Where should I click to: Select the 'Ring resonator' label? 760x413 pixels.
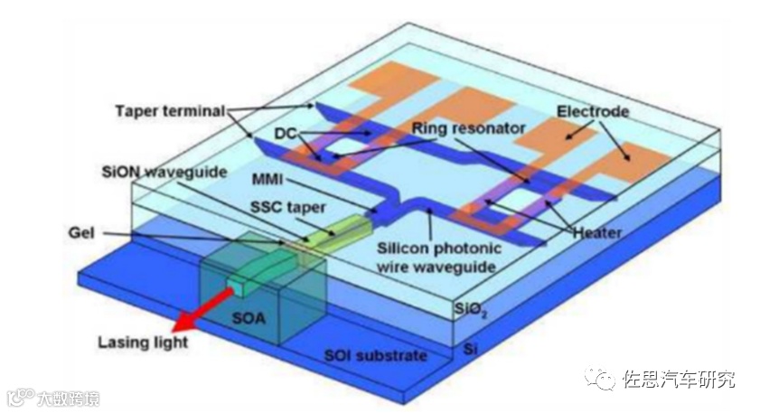pos(468,129)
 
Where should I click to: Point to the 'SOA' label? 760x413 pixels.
pos(247,317)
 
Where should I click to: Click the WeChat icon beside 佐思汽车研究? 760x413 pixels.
pos(600,379)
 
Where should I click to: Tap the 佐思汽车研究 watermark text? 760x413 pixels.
pos(680,380)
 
